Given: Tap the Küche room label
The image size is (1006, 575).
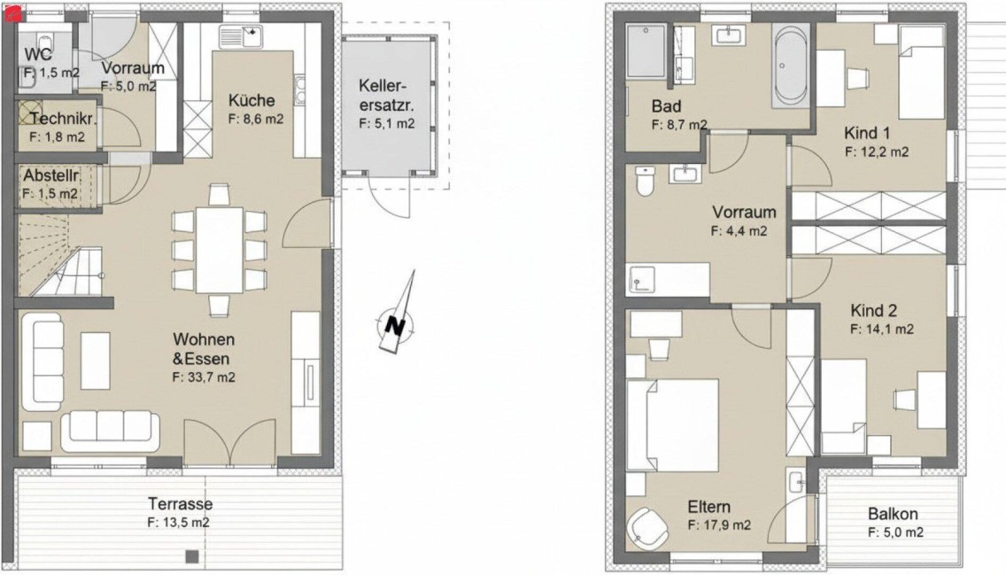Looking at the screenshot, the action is [251, 101].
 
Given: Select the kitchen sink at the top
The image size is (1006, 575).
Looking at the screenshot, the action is [241, 36].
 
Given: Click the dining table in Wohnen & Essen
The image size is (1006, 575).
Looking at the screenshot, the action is [220, 250].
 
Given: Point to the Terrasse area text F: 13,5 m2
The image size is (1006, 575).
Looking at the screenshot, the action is [178, 523].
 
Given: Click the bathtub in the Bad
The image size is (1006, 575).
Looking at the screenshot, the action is [791, 66].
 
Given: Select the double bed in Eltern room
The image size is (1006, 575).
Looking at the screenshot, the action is [672, 425].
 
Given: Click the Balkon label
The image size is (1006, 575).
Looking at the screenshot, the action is [893, 514].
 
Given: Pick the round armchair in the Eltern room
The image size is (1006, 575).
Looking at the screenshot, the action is [648, 528].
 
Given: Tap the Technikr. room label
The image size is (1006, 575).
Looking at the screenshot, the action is [63, 119].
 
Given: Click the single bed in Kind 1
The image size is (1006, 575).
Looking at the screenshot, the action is [921, 73].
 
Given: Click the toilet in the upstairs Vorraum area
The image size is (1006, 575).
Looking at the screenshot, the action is [644, 181].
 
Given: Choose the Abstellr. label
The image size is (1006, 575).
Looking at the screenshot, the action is [51, 175].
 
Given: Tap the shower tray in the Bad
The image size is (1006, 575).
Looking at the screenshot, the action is [647, 51].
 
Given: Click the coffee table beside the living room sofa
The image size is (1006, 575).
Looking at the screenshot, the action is [96, 360].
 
